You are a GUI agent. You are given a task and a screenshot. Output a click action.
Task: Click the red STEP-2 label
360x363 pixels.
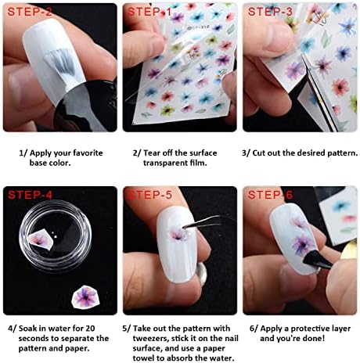click(x=30, y=12)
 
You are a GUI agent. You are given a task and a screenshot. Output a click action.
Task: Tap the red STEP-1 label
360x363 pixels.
click(x=149, y=12)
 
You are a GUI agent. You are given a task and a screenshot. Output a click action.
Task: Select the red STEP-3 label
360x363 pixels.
click(x=270, y=12)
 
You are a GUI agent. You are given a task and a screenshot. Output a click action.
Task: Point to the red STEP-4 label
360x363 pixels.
click(x=30, y=195)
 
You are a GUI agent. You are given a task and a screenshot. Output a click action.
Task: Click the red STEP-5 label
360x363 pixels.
click(x=149, y=195)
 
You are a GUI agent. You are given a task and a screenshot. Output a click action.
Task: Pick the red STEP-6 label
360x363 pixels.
click(x=270, y=195)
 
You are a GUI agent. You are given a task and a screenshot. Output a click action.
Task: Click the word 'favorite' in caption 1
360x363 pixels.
click(x=88, y=153)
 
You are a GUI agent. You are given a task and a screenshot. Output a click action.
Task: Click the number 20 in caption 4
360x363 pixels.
click(x=90, y=329)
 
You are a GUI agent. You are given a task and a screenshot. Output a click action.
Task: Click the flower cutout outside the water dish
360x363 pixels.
click(x=85, y=297)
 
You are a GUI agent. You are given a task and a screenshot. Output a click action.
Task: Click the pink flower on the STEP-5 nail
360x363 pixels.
click(x=176, y=232)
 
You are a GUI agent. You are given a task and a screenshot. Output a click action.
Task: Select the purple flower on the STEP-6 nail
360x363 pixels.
click(x=303, y=243)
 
